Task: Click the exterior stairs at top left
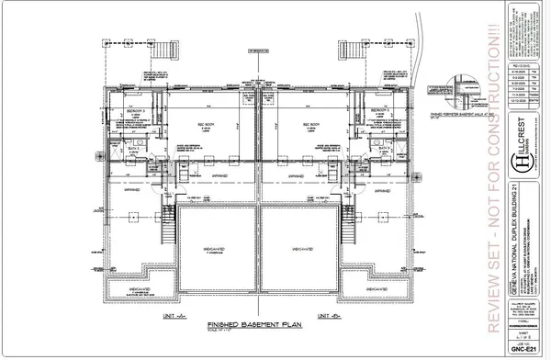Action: coord(167,49)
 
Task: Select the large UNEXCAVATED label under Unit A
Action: coord(216,247)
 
